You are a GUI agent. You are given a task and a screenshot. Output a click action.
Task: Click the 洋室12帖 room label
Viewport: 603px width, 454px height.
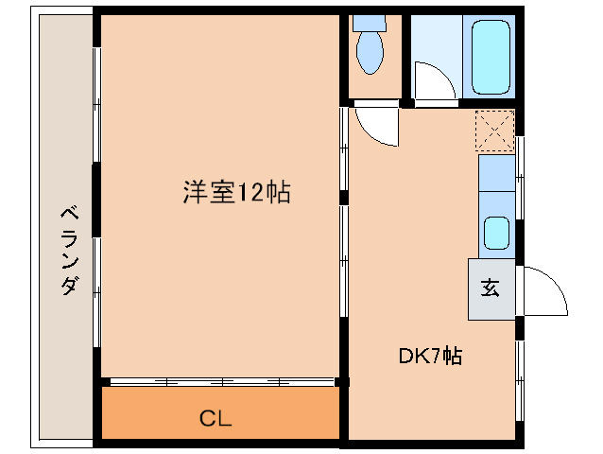click(x=235, y=193)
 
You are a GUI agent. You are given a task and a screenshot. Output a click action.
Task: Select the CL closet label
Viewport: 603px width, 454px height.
click(x=215, y=418)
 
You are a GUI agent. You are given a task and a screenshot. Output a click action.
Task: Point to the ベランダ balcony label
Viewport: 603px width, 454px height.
click(x=69, y=251)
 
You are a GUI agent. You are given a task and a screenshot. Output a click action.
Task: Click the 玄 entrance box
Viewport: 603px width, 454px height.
click(x=491, y=288)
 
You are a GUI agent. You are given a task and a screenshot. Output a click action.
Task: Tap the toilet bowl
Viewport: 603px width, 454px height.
click(x=370, y=51)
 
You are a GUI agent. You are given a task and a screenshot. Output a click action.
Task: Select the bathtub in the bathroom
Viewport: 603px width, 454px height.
click(x=490, y=56)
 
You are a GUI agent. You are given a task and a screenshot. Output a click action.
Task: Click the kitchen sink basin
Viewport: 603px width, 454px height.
click(x=497, y=232)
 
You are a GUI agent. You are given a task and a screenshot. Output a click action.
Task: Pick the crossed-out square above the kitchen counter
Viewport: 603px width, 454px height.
click(x=495, y=131)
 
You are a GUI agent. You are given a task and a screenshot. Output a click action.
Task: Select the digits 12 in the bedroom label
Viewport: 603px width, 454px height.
click(x=251, y=193)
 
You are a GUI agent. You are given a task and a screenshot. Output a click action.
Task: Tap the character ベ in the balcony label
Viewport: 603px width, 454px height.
click(x=69, y=215)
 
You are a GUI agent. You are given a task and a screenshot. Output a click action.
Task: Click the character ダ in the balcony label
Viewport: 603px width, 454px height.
click(x=69, y=286)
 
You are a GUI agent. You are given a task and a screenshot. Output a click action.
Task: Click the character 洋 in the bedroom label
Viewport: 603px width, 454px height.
click(x=193, y=193)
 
